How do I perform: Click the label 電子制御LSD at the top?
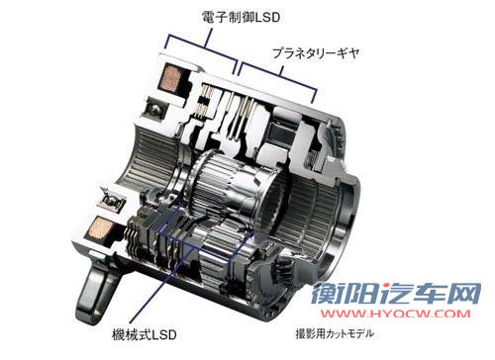pyautogui.click(x=241, y=17)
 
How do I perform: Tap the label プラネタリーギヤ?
pyautogui.click(x=316, y=52)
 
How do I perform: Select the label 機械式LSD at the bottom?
pyautogui.click(x=145, y=334)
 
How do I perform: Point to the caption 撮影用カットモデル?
pyautogui.click(x=335, y=333)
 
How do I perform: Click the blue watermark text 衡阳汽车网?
pyautogui.click(x=396, y=294)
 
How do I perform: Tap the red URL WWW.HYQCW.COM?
pyautogui.click(x=396, y=314)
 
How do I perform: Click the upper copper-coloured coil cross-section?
pyautogui.click(x=170, y=78)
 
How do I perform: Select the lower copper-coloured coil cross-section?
pyautogui.click(x=98, y=227)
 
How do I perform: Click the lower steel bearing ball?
pyautogui.click(x=113, y=200)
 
